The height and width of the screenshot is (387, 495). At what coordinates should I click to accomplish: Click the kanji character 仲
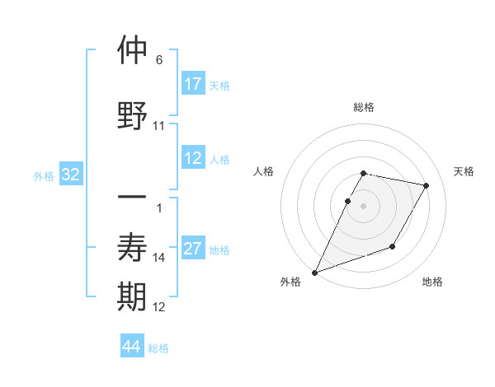(x=133, y=51)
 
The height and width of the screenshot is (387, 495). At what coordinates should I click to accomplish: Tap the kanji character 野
(x=133, y=115)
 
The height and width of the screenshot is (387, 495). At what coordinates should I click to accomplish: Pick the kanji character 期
(x=133, y=297)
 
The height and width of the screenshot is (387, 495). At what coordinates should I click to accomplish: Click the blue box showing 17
(x=193, y=84)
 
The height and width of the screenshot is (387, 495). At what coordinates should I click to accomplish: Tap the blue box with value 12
(x=193, y=158)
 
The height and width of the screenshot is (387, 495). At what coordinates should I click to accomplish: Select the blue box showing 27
(x=193, y=249)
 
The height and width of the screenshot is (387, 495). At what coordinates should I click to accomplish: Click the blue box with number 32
(x=71, y=175)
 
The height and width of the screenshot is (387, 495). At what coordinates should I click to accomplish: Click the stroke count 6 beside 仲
(x=159, y=61)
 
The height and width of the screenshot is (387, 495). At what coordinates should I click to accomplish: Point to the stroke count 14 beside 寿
(x=159, y=258)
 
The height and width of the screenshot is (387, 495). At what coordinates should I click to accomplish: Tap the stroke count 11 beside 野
(x=159, y=126)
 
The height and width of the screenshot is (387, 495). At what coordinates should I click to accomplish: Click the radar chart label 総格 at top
(x=364, y=107)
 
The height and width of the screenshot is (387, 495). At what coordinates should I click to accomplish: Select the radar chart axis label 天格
(x=464, y=171)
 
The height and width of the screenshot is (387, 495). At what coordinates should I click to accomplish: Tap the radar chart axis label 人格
(x=263, y=171)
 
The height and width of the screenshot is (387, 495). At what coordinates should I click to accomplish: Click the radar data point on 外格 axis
(x=314, y=273)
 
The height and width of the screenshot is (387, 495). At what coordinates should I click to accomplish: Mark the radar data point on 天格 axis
(x=427, y=186)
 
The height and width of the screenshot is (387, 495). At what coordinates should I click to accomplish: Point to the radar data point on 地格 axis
(x=394, y=247)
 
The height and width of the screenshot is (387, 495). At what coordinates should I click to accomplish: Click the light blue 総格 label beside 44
(x=158, y=348)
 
